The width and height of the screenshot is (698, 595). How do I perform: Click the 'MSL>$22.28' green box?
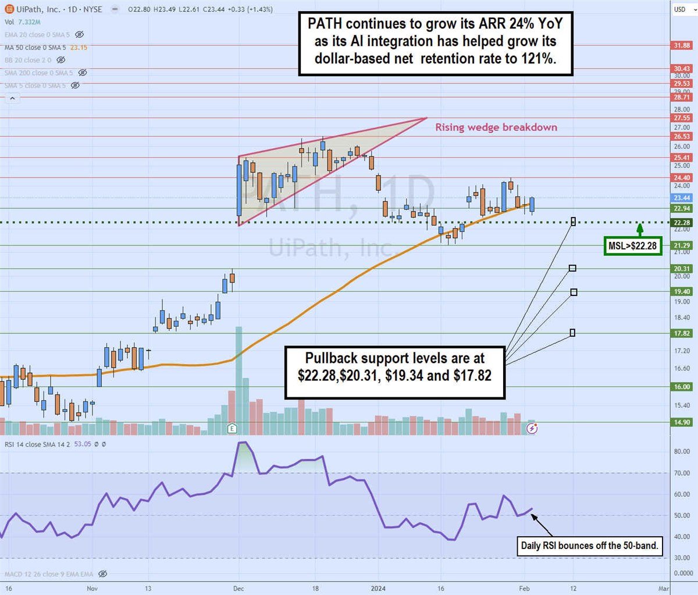coord(632,246)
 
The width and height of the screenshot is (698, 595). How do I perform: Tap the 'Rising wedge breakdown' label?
coord(496,127)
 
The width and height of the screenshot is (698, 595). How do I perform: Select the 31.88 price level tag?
coord(682,45)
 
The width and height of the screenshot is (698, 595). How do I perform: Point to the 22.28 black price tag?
coord(682,223)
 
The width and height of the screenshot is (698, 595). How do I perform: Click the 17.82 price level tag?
coord(682,333)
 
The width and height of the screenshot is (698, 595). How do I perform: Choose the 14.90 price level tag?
coord(682,422)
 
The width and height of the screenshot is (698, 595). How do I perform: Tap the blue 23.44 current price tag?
coord(682,198)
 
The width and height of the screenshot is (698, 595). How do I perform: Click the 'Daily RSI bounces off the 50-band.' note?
coord(589,546)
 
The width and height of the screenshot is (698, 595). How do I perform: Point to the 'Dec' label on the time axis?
coord(238,588)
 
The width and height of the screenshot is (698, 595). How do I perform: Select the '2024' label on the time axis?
coord(379,588)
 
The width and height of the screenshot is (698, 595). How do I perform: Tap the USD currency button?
coord(679,9)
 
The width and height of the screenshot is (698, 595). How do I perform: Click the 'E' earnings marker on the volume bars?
coord(232,429)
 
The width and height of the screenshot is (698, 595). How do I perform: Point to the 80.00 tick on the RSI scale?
coord(682,451)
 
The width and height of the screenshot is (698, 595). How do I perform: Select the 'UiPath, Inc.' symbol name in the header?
coord(38,9)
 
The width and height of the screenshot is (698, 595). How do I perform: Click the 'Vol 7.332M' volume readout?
coord(23,22)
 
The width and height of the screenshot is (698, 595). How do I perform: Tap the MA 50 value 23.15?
coord(79,47)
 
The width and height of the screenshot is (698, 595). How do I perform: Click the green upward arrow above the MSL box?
coord(639,229)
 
